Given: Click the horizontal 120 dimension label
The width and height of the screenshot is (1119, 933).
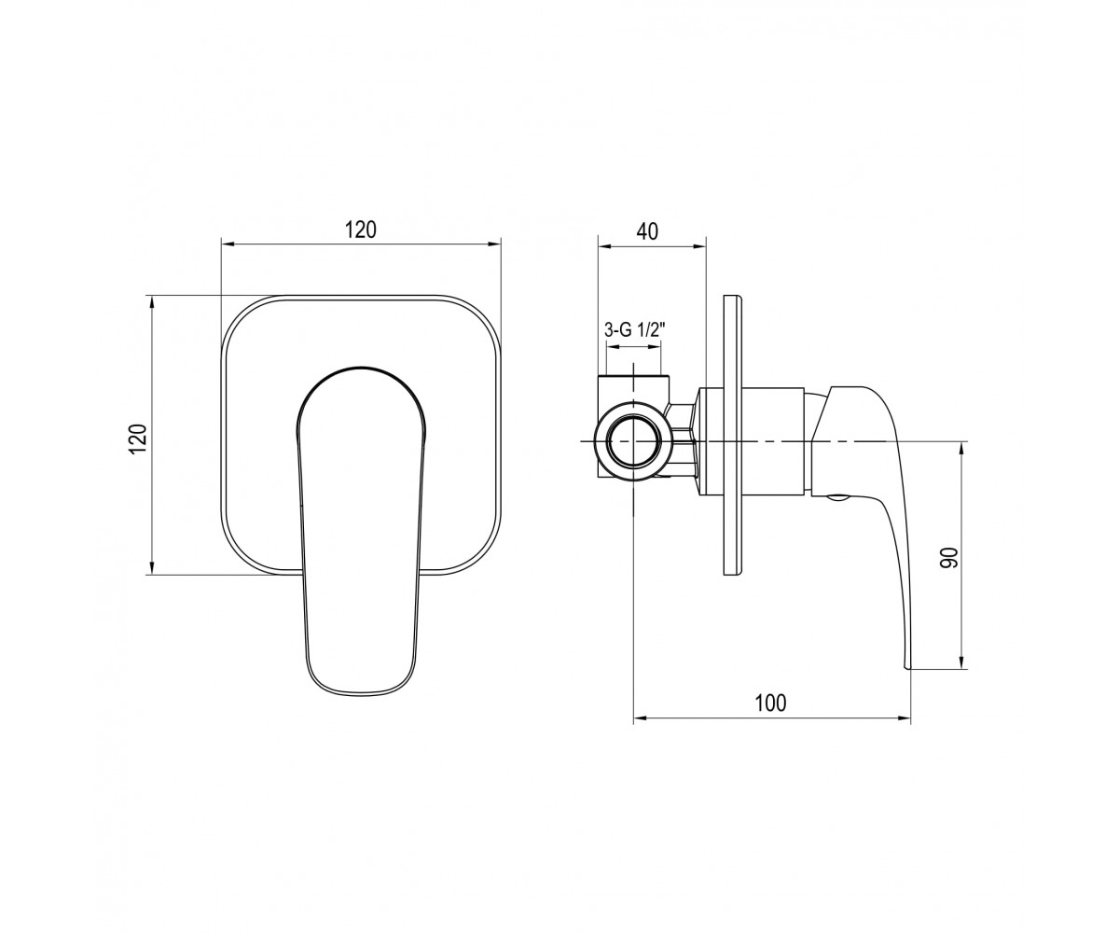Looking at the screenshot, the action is [360, 230].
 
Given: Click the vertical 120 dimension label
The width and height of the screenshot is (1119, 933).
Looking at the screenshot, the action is [138, 439].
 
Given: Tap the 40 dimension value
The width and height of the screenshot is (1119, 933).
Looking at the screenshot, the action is [647, 231].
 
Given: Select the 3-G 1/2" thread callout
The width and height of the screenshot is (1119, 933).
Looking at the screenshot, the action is [634, 330].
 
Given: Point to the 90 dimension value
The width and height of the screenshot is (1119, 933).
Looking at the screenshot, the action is [948, 558].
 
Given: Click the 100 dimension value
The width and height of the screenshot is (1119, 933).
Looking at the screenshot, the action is [770, 703].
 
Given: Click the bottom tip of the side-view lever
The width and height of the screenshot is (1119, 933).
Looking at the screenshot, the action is [907, 668].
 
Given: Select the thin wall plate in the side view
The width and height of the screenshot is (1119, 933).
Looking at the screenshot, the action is [734, 435].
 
